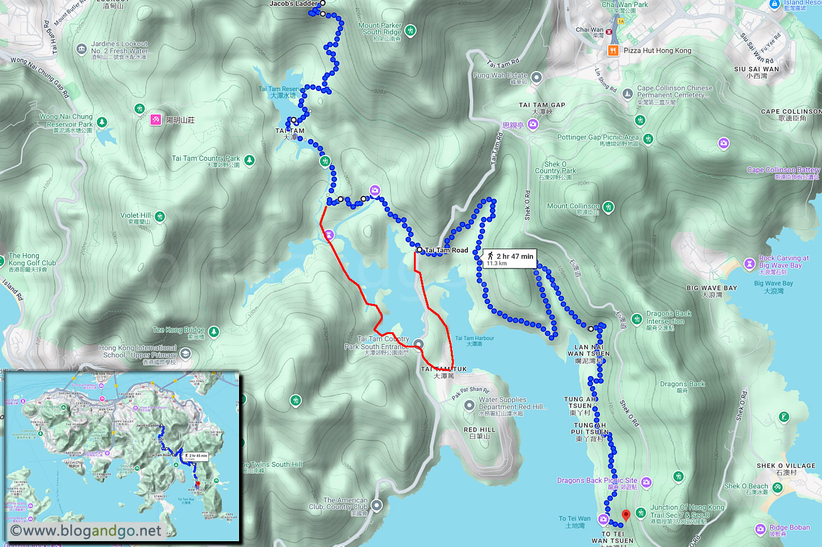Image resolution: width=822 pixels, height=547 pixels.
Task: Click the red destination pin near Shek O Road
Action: pos(626,515)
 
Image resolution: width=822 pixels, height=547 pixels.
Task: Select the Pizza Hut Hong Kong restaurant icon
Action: pos(613,50)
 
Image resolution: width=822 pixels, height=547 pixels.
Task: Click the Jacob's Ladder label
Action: pos(293,4)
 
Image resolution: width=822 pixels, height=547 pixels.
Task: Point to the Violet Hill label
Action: pos(136,215)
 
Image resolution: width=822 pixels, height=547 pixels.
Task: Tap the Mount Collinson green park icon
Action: pos(609,207)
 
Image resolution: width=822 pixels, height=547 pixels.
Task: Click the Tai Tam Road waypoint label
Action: pos(446,250)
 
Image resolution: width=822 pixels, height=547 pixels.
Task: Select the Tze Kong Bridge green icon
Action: pos(214,332)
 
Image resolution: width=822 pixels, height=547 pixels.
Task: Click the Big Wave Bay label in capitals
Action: pos(712,288)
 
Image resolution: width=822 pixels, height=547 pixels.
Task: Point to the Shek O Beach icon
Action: pos(777,487)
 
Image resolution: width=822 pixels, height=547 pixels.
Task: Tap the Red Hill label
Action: pos(480,430)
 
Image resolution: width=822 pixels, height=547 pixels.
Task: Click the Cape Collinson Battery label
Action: pos(783,170)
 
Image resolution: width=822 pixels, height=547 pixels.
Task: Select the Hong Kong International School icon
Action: pos(186,353)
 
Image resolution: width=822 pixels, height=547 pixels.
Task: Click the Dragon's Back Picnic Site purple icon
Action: pos(646,482)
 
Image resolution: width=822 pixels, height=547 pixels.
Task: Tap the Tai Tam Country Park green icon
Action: pos(250,160)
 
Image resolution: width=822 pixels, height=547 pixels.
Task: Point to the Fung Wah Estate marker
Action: pos(536,77)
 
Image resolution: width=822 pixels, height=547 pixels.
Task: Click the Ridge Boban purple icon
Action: pos(761,529)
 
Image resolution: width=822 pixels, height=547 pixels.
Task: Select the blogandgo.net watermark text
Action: pos(86,531)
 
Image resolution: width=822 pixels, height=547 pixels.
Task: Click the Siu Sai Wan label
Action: pos(756,69)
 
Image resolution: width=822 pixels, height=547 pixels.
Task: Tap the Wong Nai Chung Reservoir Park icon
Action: pos(102,122)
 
